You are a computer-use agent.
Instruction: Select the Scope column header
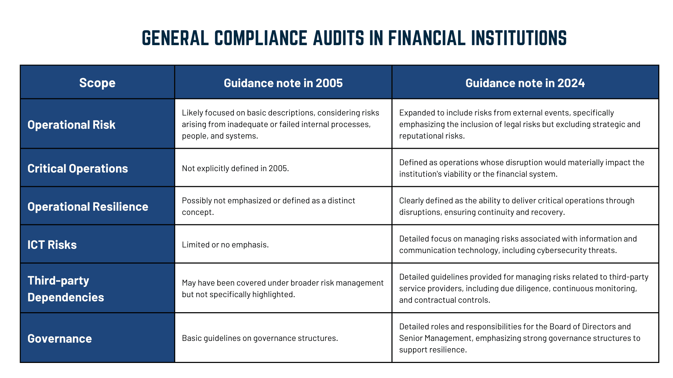pos(97,83)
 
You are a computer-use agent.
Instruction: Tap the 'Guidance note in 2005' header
pos(283,83)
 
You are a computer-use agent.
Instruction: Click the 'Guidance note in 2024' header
pos(525,83)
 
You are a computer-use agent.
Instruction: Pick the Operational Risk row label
pos(72,125)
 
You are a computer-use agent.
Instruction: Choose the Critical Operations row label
pos(77,168)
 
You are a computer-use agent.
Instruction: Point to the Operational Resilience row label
pos(88,206)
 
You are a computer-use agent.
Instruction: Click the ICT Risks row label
pos(52,245)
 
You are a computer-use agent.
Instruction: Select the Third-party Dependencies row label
pos(66,289)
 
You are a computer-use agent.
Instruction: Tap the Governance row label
pos(60,338)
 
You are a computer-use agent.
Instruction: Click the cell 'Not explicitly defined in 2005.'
pos(236,168)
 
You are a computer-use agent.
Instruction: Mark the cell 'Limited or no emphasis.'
pos(225,245)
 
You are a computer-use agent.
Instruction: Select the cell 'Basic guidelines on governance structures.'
pos(260,338)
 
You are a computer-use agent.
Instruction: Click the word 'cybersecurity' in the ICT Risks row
pos(560,250)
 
